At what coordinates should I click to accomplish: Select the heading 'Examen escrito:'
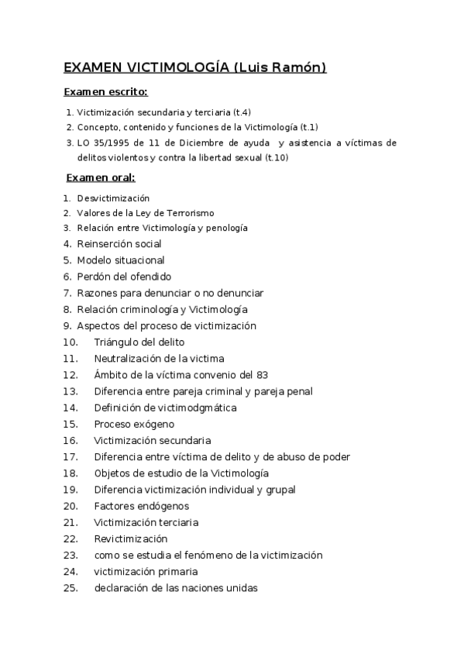(x=105, y=92)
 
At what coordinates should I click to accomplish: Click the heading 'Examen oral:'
(x=100, y=177)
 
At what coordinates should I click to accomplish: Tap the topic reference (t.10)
(x=276, y=158)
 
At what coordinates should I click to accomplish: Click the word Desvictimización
(x=113, y=198)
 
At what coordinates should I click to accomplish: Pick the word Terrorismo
(x=189, y=213)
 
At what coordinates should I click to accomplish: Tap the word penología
(x=229, y=228)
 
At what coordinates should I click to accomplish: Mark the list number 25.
(x=71, y=588)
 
